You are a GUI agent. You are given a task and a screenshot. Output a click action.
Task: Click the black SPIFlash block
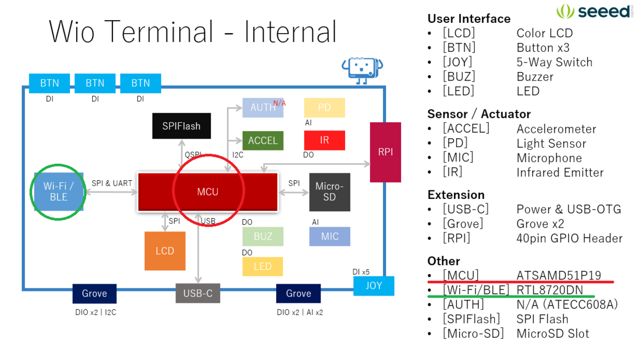pyautogui.click(x=181, y=126)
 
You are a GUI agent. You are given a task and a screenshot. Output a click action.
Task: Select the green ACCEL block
pyautogui.click(x=263, y=141)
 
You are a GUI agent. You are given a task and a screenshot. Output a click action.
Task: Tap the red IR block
pyautogui.click(x=324, y=140)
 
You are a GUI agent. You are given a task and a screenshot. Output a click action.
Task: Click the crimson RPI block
pyautogui.click(x=385, y=152)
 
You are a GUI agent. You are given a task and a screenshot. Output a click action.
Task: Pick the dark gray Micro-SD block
pyautogui.click(x=330, y=192)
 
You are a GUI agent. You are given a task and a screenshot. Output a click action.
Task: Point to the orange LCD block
pyautogui.click(x=165, y=251)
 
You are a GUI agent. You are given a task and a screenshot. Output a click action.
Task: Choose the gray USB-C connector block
pyautogui.click(x=198, y=293)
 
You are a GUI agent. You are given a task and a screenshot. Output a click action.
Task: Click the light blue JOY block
pyautogui.click(x=374, y=285)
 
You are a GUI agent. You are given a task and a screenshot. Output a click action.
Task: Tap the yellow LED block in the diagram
pyautogui.click(x=262, y=266)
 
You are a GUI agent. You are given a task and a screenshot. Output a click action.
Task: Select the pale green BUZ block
pyautogui.click(x=263, y=236)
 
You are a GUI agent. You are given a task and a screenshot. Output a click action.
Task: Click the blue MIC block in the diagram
pyautogui.click(x=330, y=236)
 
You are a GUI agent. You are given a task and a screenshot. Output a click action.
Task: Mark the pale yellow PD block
pyautogui.click(x=324, y=107)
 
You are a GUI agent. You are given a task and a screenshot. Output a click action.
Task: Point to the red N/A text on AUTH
pyautogui.click(x=279, y=103)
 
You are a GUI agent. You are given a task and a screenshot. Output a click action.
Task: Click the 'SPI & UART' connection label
pyautogui.click(x=112, y=183)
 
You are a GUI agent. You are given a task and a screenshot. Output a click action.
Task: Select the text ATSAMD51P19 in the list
pyautogui.click(x=558, y=275)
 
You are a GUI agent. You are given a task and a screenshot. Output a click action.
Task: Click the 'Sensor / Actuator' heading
pyautogui.click(x=478, y=114)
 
